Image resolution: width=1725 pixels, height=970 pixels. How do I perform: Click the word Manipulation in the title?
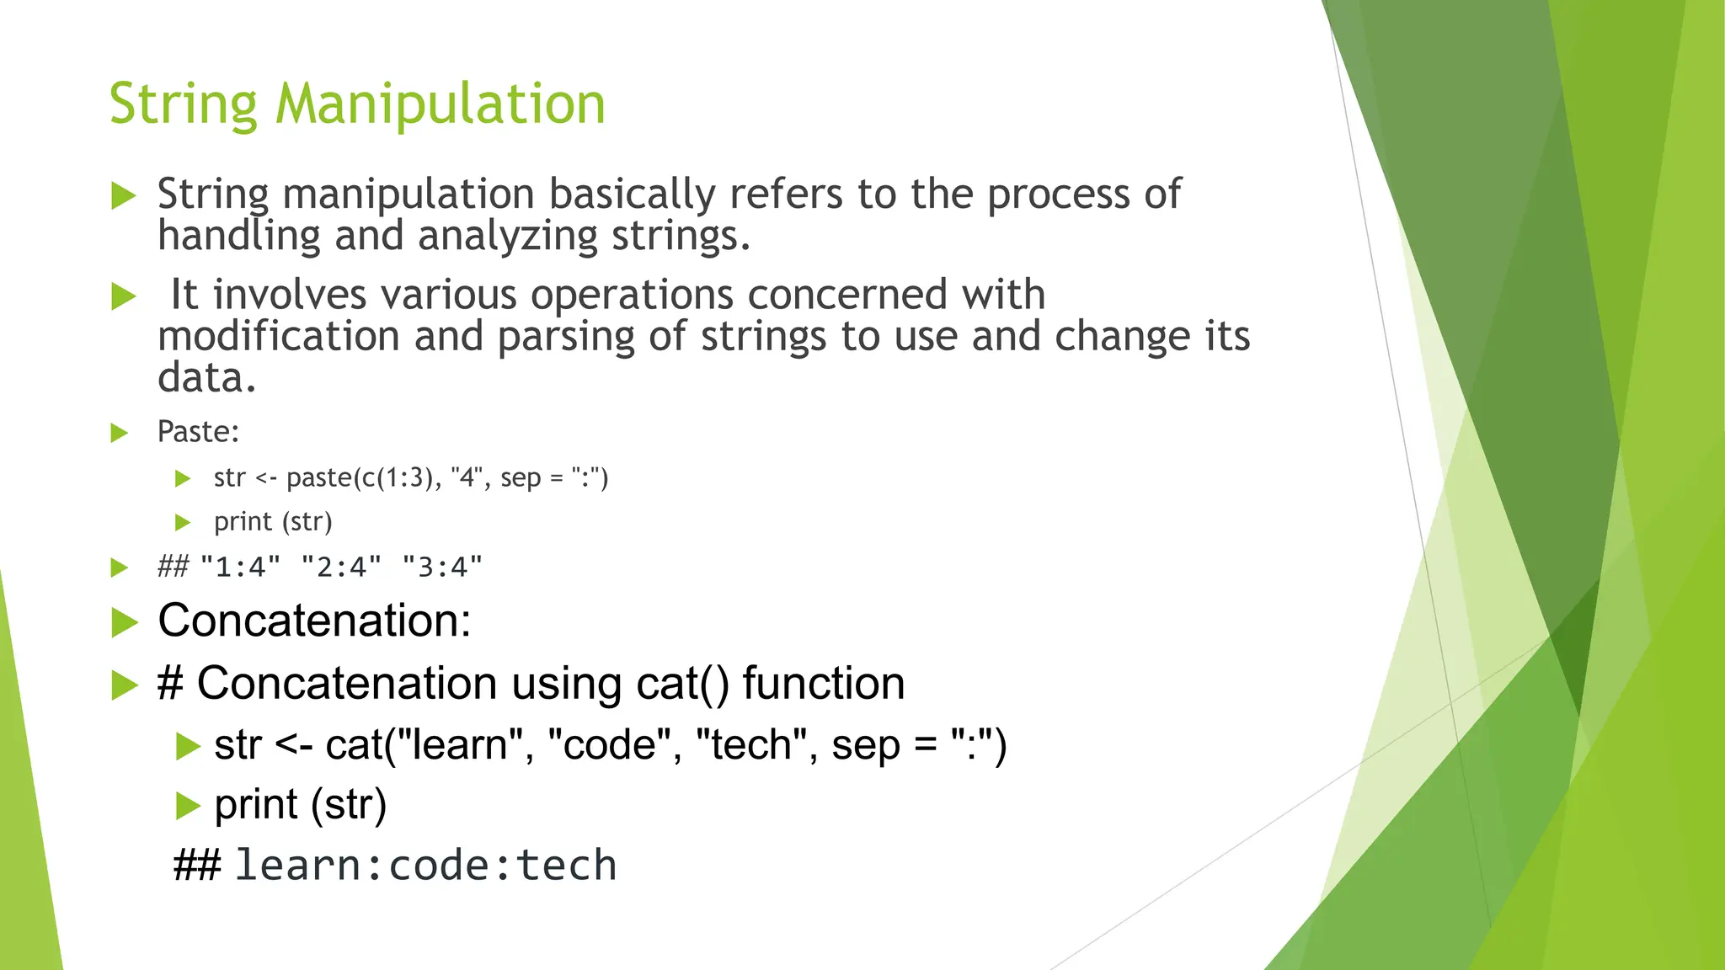440,104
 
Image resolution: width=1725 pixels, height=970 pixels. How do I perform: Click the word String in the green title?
183,104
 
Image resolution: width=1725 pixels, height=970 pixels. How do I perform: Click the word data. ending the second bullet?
206,377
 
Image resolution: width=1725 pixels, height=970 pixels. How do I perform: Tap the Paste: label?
198,432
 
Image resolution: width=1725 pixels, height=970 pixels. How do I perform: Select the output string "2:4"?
341,568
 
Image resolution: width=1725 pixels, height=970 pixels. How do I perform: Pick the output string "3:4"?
442,568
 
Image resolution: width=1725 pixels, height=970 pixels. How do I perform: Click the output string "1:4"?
240,568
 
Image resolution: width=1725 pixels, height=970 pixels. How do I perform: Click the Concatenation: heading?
314,621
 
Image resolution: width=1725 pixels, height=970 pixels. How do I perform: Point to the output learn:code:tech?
425,866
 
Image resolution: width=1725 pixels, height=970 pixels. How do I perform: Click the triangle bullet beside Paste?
120,434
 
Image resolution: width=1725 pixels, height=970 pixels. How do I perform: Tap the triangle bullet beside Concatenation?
125,623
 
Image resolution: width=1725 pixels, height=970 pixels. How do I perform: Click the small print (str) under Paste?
273,522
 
